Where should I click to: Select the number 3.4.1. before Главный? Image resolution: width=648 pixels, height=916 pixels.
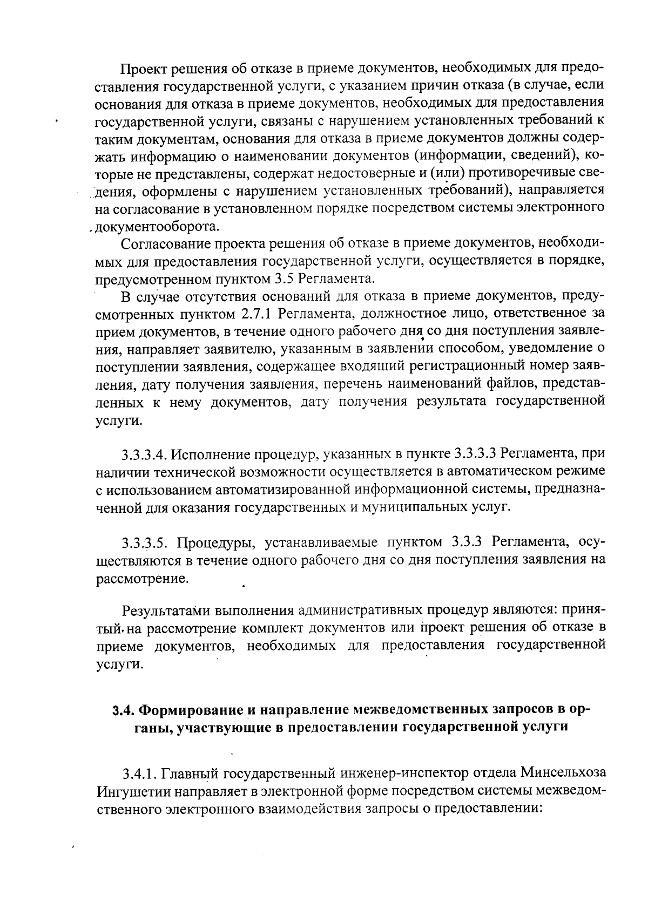[139, 775]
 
